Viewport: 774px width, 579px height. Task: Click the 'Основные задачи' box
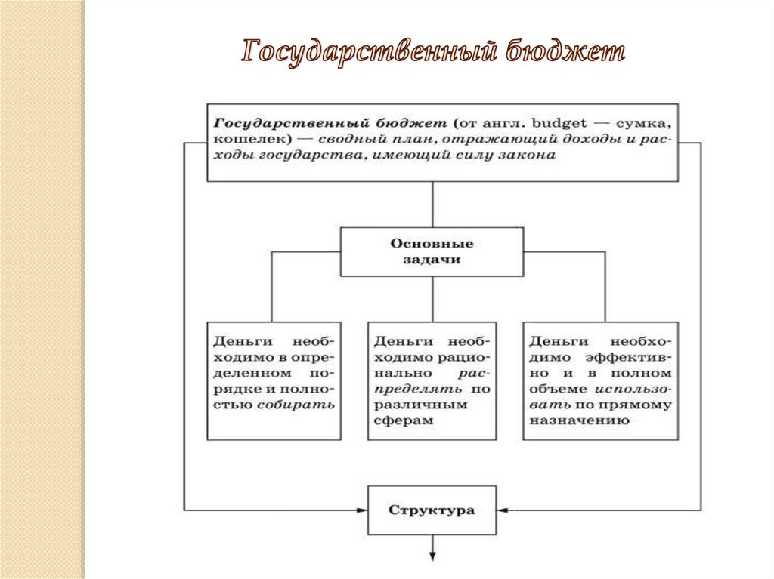click(432, 251)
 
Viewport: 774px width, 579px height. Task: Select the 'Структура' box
click(432, 510)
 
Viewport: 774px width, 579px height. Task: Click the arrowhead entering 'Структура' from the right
click(502, 510)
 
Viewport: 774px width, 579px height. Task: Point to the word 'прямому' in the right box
click(646, 405)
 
